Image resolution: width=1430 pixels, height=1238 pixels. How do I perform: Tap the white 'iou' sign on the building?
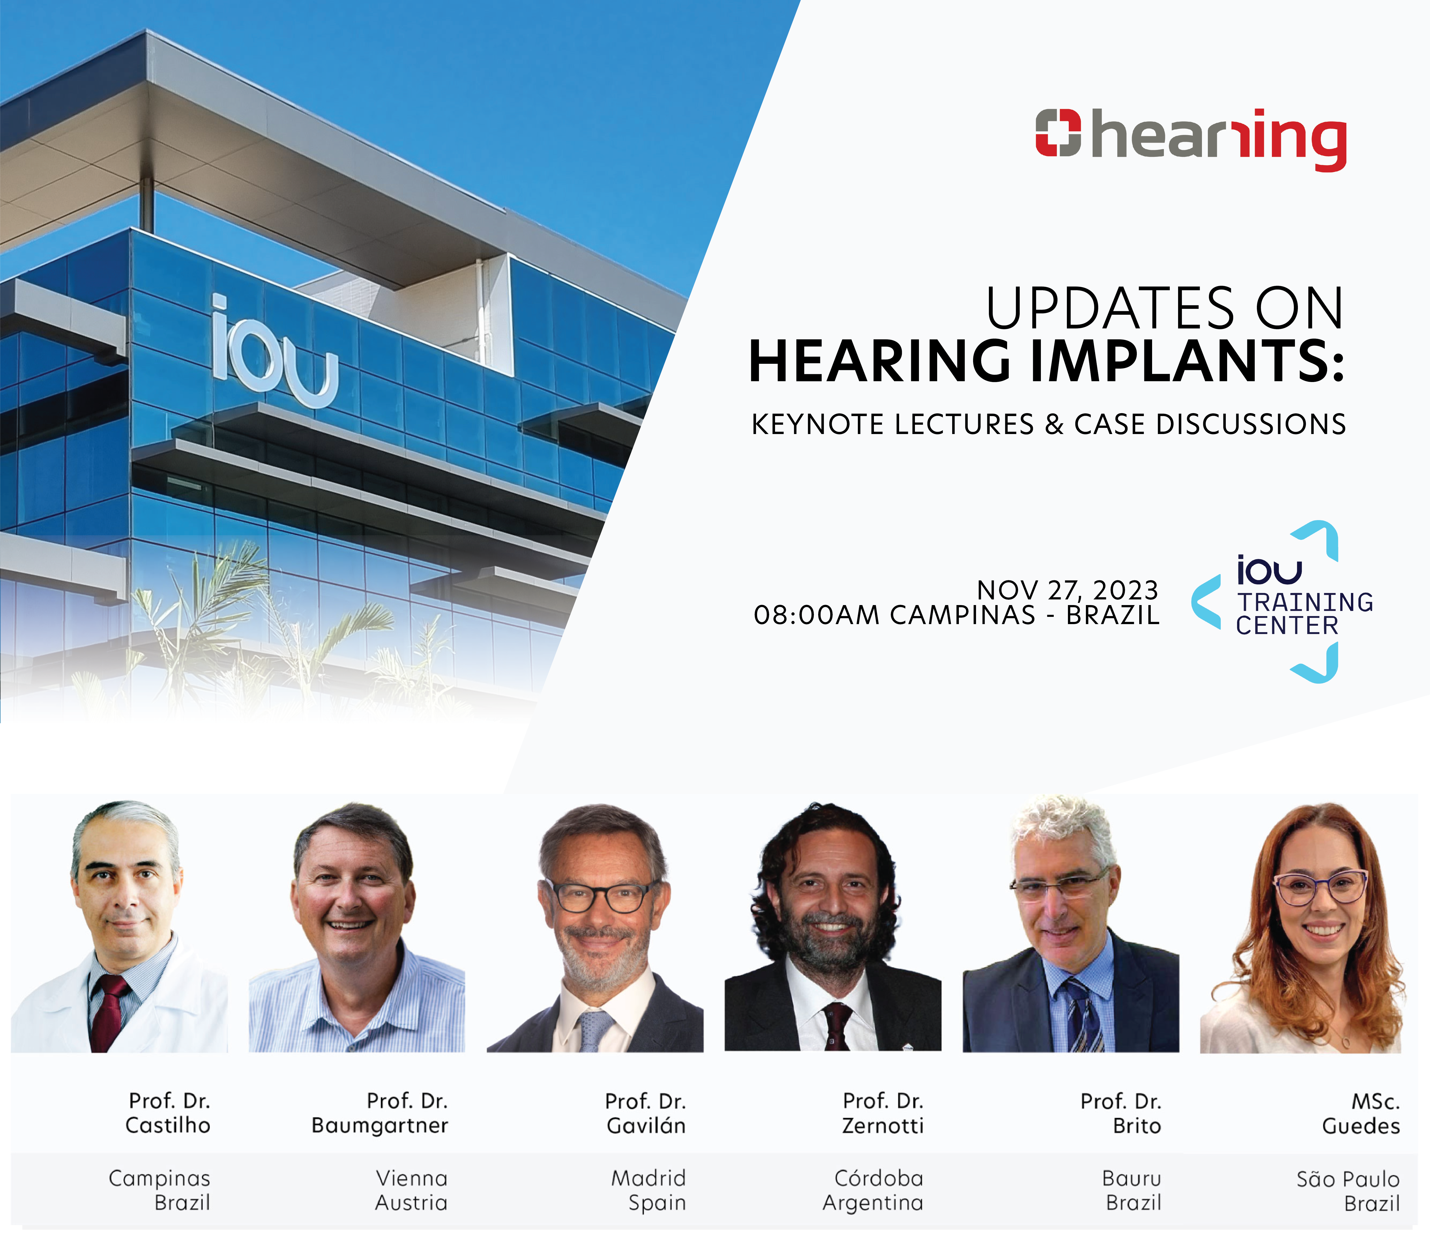tap(275, 352)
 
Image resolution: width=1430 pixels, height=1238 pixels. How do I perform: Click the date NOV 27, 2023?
tap(1067, 590)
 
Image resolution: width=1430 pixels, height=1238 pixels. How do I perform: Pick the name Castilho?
tap(168, 1125)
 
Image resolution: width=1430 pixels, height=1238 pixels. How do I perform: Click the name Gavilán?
tap(646, 1125)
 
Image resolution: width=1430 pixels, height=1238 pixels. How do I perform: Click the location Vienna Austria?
tap(412, 1190)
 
